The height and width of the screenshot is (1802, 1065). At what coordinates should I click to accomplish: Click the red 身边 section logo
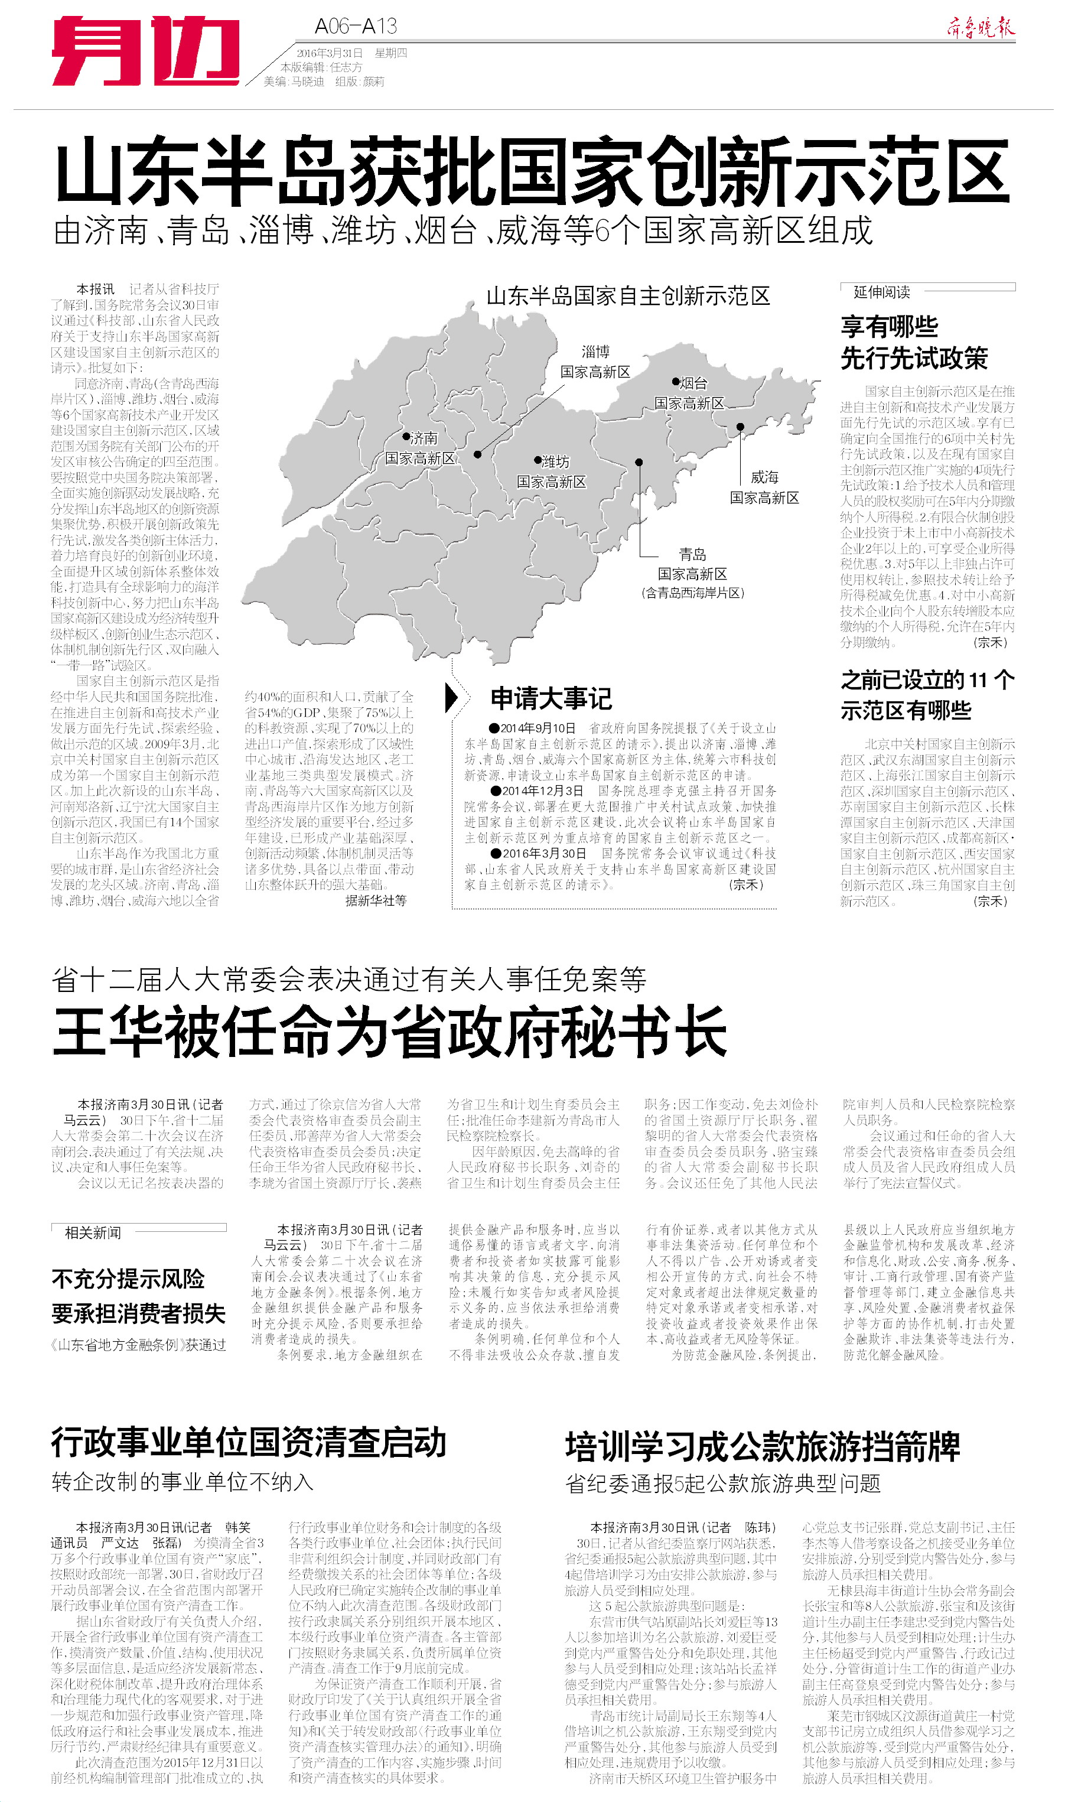tap(145, 51)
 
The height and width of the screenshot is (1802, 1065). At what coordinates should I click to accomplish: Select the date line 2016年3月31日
tap(330, 53)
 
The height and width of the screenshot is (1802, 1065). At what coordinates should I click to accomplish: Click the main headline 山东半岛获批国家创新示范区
tap(532, 173)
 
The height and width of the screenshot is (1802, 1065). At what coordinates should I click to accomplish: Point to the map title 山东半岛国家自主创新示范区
tap(628, 295)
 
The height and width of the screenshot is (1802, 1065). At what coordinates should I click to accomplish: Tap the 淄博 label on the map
tap(595, 352)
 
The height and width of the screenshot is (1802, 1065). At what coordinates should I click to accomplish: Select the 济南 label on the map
tap(424, 438)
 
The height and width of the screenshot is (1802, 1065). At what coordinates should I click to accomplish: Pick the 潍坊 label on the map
tap(555, 461)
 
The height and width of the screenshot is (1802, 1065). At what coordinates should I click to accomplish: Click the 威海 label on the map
tap(764, 477)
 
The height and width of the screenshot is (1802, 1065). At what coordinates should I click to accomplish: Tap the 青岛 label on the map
tap(692, 554)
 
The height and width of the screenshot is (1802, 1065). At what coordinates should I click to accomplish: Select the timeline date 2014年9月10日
tap(538, 728)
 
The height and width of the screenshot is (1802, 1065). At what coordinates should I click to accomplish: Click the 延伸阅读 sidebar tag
tap(881, 292)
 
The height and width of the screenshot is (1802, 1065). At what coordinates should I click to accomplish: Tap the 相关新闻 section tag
tap(93, 1233)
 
